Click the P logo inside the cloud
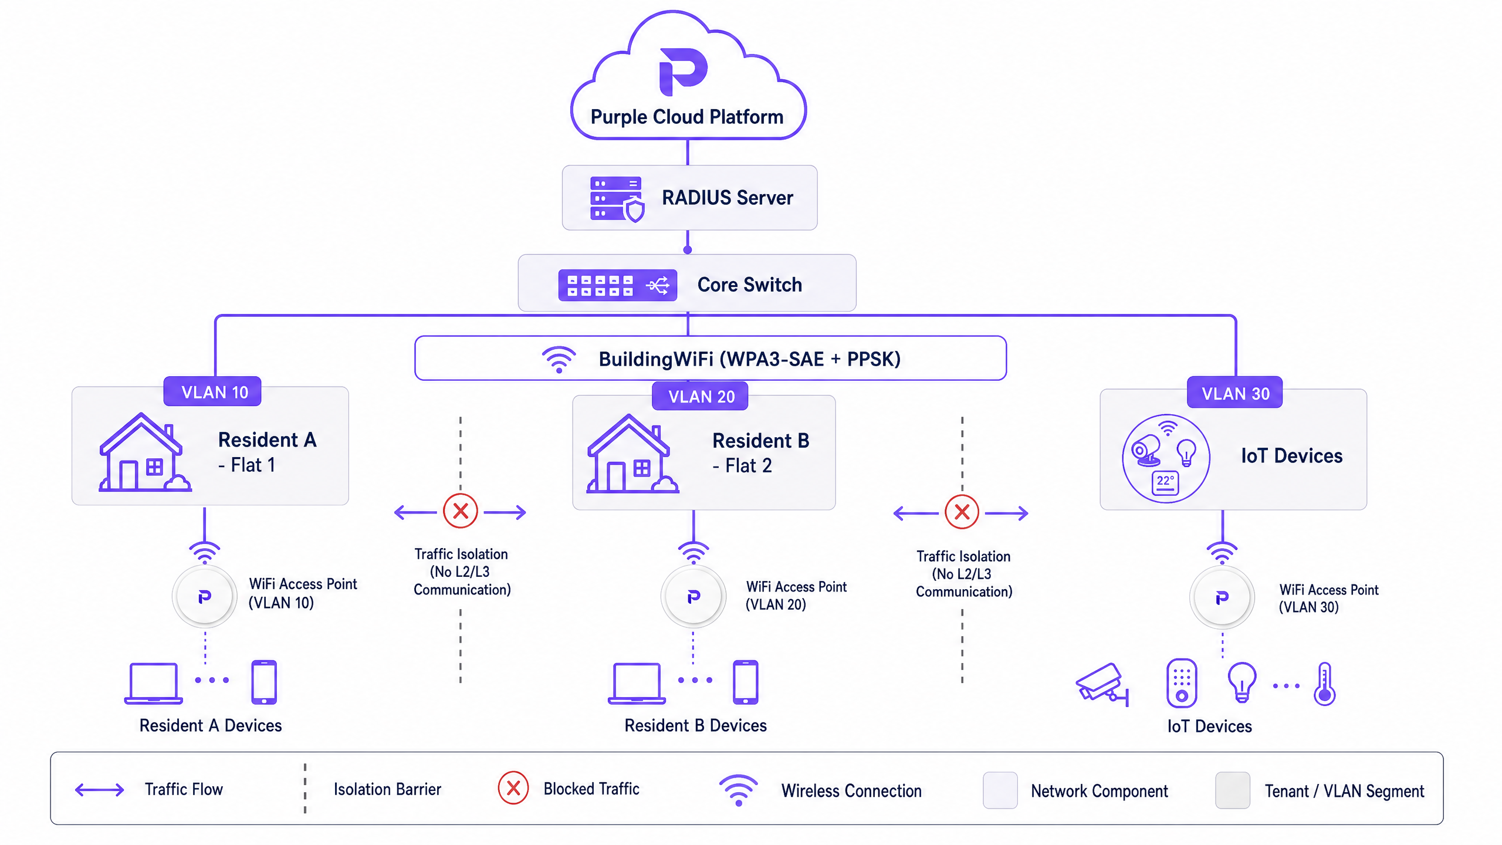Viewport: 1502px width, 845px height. pos(683,72)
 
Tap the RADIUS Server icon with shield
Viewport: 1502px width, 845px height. pos(617,199)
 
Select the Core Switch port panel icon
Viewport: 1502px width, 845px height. pos(617,285)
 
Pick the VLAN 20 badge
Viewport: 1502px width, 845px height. pos(701,396)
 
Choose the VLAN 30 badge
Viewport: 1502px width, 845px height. pos(1234,393)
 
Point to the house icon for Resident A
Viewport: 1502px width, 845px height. pos(144,452)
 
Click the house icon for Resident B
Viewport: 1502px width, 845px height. pos(632,454)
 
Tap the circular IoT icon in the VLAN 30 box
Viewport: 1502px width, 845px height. pos(1166,458)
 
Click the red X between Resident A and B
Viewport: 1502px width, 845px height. pos(461,511)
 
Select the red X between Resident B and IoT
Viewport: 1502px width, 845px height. pos(962,512)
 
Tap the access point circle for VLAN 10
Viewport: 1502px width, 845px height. pos(205,597)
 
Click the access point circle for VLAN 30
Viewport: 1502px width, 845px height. pos(1222,598)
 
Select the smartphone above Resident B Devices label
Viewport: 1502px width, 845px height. pos(746,682)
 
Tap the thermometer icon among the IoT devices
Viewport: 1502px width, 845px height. pos(1325,684)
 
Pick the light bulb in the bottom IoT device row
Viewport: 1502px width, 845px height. pos(1242,682)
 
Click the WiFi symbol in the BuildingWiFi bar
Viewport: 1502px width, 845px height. pos(559,359)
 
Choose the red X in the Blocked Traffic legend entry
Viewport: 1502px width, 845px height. pos(513,788)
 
